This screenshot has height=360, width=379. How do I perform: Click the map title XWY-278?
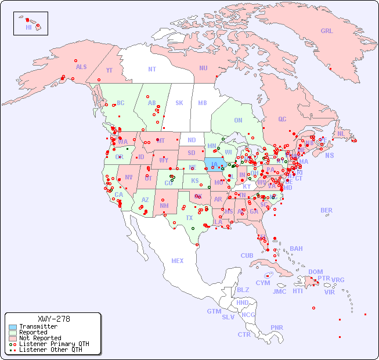53,319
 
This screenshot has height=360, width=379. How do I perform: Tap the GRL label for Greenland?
327,31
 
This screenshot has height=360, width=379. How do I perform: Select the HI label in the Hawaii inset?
28,27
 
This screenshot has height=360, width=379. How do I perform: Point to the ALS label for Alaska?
81,67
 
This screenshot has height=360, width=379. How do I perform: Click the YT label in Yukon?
109,70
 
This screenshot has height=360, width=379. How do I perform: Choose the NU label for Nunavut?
203,68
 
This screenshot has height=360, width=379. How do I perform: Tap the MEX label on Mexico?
178,261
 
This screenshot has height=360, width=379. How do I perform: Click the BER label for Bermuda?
326,210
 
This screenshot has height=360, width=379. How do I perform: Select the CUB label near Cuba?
247,255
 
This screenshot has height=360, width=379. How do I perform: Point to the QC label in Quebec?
282,119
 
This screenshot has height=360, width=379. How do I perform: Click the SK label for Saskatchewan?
179,103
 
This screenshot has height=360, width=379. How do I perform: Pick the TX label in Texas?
189,218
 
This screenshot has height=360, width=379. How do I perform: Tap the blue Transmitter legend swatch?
12,327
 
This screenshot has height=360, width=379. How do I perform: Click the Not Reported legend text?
40,338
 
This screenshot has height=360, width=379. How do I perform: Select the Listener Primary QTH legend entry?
54,344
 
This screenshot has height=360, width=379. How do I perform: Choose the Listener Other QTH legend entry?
50,350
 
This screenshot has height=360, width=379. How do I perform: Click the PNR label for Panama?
277,327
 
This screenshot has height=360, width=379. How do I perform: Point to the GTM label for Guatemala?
214,311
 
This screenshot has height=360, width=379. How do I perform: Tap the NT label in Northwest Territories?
151,69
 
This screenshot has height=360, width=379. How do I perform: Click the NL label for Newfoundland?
341,134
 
